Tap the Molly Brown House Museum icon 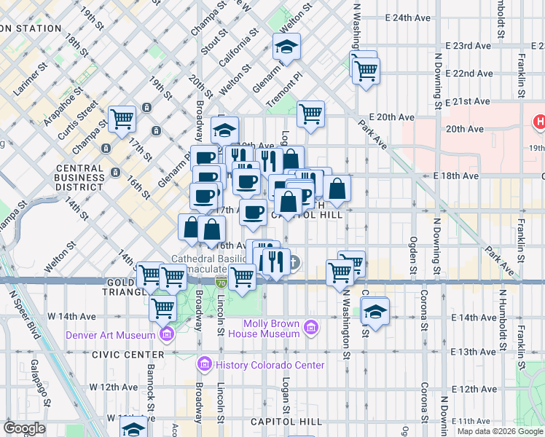311,328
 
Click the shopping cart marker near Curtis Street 122,118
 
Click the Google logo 24,428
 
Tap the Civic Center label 119,354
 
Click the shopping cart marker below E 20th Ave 310,113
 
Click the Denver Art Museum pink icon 167,334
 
